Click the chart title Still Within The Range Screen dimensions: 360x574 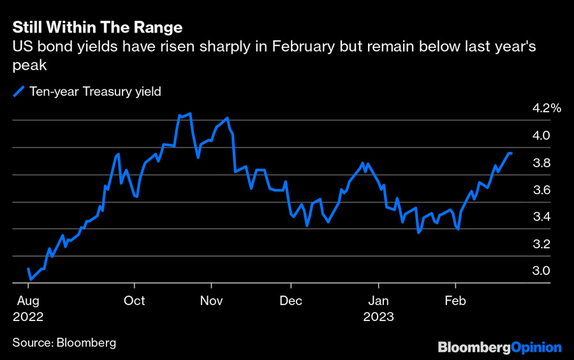click(98, 27)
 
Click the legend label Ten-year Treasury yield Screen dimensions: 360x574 click(95, 91)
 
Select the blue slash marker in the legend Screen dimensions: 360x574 click(19, 91)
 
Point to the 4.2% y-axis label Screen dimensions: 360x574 click(547, 109)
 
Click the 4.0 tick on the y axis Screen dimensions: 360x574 click(541, 135)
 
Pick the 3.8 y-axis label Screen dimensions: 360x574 click(541, 163)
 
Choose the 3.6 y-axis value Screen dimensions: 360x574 click(541, 190)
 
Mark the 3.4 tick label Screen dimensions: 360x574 click(541, 217)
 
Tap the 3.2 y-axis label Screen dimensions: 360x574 click(541, 244)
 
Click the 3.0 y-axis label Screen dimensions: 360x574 click(541, 271)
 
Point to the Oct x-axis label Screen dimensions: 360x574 click(135, 301)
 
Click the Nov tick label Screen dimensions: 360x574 click(212, 301)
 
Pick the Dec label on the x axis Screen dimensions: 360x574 click(291, 301)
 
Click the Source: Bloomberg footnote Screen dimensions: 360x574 click(64, 343)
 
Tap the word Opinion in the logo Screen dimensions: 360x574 click(536, 348)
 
